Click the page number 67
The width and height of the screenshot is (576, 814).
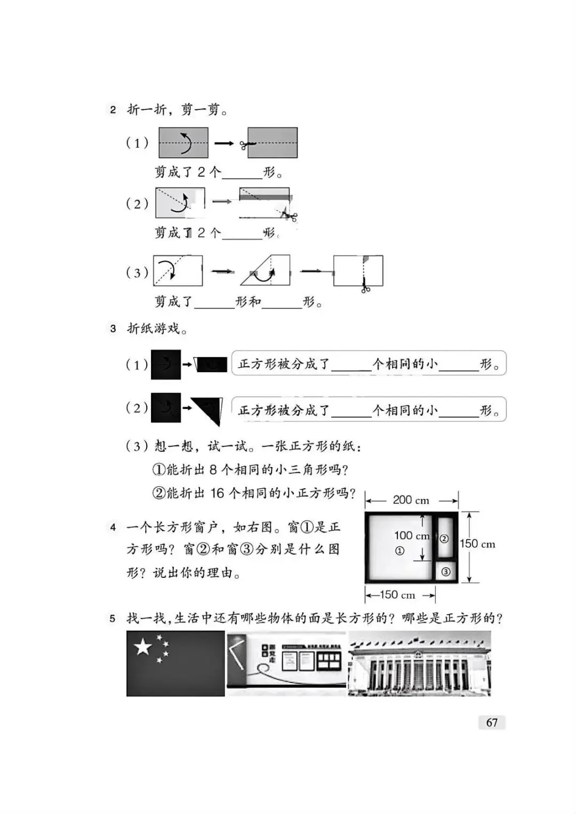pyautogui.click(x=492, y=722)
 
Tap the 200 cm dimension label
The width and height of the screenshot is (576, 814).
pyautogui.click(x=411, y=500)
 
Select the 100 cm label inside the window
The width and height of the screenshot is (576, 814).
pyautogui.click(x=412, y=535)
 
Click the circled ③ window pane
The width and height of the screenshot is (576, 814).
pyautogui.click(x=446, y=572)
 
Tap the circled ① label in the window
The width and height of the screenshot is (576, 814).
pyautogui.click(x=399, y=551)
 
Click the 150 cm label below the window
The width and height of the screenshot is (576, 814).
pyautogui.click(x=397, y=595)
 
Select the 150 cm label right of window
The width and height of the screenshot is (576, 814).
pyautogui.click(x=477, y=544)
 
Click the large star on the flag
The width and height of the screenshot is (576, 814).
pyautogui.click(x=143, y=647)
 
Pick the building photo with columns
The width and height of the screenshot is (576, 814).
pyautogui.click(x=419, y=664)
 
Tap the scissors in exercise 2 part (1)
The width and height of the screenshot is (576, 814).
pyautogui.click(x=246, y=144)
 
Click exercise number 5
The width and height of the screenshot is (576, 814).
pyautogui.click(x=113, y=619)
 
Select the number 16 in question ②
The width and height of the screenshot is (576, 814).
pyautogui.click(x=217, y=493)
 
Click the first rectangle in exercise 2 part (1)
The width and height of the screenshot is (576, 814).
pyautogui.click(x=183, y=142)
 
